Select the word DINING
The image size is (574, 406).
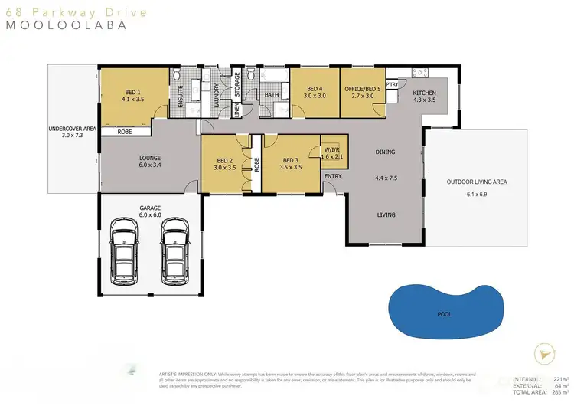click(x=385, y=152)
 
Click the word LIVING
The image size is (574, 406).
click(x=386, y=214)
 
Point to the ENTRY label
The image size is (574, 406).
click(x=333, y=176)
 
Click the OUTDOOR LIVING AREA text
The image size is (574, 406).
click(x=477, y=182)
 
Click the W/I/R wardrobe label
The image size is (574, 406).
click(x=331, y=149)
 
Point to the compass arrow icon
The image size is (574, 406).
click(x=544, y=353)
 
